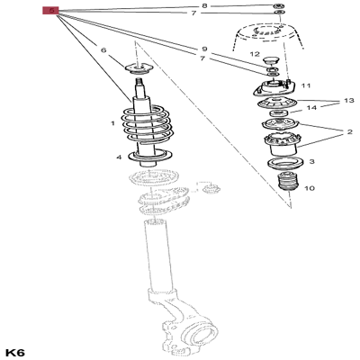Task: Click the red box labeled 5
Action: (51, 12)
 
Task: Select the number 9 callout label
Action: (203, 49)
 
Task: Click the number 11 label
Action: (306, 85)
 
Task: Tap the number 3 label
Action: (311, 162)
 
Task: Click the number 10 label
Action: (310, 189)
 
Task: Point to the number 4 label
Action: (118, 158)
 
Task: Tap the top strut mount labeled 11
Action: (273, 91)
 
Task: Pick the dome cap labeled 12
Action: (272, 62)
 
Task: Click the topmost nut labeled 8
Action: (278, 5)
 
